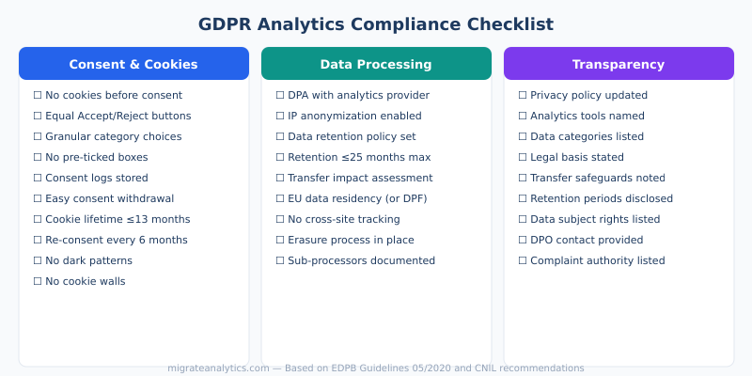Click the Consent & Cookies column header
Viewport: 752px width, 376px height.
[x=133, y=64]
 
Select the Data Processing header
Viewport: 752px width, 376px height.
[x=376, y=64]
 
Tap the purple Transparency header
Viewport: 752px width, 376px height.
[x=619, y=64]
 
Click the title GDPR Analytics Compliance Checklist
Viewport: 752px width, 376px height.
[x=376, y=24]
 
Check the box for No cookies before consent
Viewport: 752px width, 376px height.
[x=38, y=95]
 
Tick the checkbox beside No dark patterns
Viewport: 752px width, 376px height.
[x=38, y=260]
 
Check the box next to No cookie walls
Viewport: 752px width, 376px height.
[x=38, y=281]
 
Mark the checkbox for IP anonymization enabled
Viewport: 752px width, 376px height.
[x=280, y=116]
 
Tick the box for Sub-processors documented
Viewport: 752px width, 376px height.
[x=280, y=260]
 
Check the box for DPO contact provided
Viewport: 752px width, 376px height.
[x=523, y=240]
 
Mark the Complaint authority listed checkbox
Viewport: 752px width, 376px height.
[x=523, y=260]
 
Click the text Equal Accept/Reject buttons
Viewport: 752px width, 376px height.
[x=117, y=116]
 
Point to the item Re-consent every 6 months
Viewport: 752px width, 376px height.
[x=117, y=240]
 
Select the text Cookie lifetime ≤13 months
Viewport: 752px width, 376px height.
[x=117, y=219]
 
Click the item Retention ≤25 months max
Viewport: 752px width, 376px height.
[x=359, y=157]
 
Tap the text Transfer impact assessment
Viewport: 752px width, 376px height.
[x=360, y=178]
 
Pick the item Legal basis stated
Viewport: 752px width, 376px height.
[x=577, y=157]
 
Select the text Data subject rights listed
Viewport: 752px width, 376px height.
[x=595, y=219]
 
